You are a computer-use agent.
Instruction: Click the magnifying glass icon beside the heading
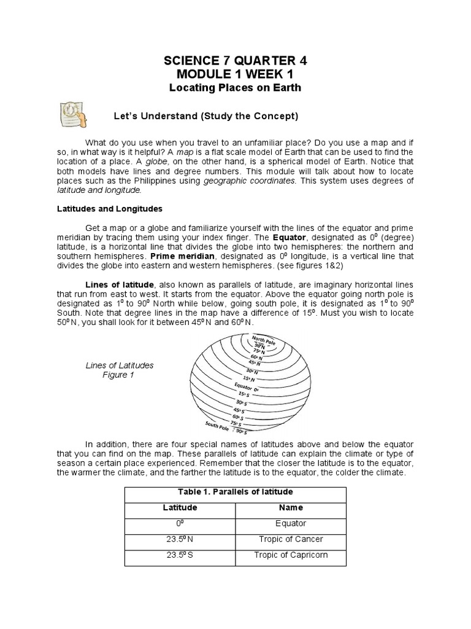point(73,114)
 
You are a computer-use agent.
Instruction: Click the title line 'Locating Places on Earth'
point(235,88)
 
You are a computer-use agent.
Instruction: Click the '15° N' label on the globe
point(249,379)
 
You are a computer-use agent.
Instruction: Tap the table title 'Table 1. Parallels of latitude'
point(235,492)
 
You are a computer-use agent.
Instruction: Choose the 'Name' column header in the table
point(291,508)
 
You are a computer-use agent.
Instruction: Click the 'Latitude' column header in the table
point(180,508)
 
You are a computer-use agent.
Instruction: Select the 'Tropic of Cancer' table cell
point(291,539)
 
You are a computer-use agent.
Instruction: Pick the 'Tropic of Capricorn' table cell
point(291,555)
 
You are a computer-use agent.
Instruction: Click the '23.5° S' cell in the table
point(180,555)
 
